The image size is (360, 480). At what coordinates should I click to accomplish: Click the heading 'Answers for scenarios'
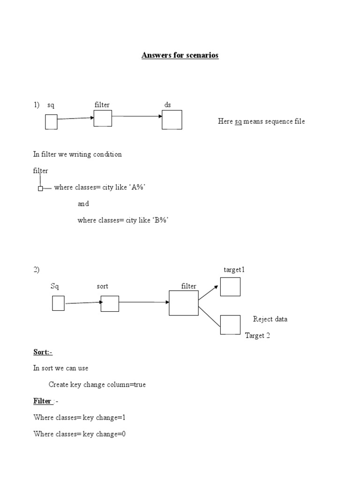180,55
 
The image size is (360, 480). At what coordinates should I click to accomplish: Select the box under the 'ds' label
172,120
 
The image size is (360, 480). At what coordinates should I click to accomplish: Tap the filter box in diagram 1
103,118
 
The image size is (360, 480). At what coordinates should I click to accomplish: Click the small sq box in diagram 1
51,122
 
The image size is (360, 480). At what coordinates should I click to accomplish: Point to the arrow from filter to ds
137,116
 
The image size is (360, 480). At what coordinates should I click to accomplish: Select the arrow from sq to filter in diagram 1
75,119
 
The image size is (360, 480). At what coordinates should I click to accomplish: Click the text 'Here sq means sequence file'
261,121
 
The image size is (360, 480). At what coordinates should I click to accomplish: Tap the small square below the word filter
40,188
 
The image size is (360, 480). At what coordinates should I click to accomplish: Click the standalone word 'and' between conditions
83,204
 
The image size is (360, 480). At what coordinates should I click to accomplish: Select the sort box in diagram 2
110,303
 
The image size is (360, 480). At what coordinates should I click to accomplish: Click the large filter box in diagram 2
183,303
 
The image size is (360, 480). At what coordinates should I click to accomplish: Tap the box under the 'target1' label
230,287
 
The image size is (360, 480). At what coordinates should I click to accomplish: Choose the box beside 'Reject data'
230,324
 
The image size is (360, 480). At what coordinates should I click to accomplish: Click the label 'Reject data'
270,319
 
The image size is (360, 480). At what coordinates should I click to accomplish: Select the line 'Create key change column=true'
97,384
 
